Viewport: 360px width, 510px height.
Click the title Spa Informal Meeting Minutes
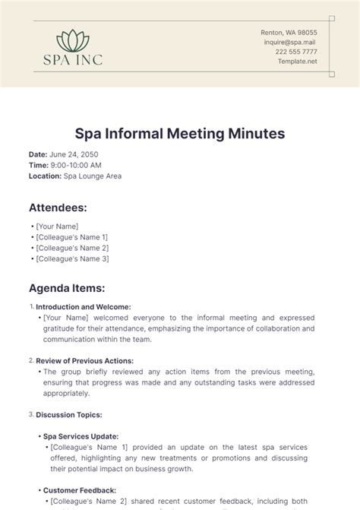(x=180, y=134)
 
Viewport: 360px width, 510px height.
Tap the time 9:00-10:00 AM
(x=74, y=165)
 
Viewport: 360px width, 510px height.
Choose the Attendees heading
(x=58, y=207)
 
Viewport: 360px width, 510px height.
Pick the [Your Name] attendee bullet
(x=56, y=226)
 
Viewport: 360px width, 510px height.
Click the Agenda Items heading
(x=67, y=289)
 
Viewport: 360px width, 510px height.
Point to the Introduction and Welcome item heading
(x=78, y=307)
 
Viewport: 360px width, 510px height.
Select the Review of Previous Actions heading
(x=84, y=360)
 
